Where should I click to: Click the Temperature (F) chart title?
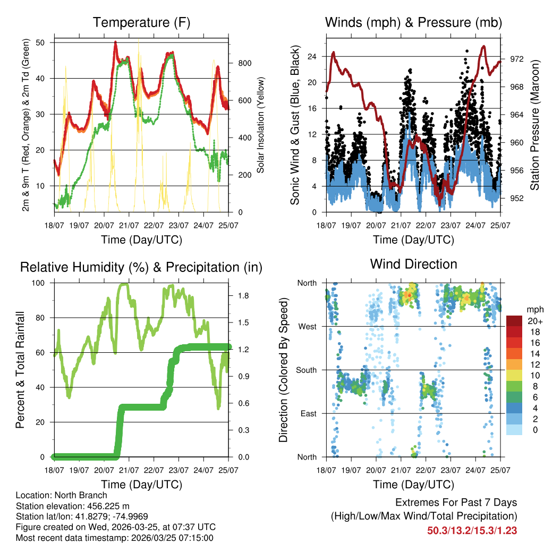(141, 22)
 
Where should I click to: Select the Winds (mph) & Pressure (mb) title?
(413, 22)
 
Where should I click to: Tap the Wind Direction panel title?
(413, 263)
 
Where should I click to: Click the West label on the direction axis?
(307, 326)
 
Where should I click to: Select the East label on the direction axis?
(308, 413)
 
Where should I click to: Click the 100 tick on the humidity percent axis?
(42, 283)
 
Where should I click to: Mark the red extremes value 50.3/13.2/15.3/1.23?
(472, 530)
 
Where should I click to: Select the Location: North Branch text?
(62, 496)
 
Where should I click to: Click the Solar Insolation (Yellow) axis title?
(260, 125)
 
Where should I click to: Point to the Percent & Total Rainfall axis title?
(20, 370)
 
